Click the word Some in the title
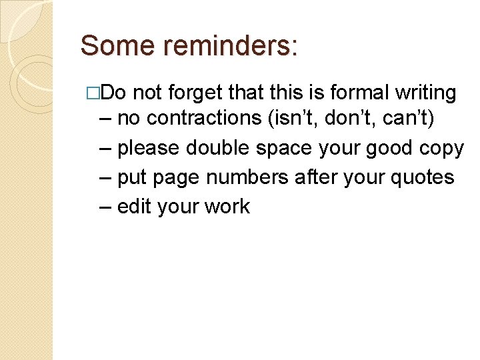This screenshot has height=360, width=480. click(111, 46)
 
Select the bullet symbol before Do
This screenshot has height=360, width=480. click(101, 94)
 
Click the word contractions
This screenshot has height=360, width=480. click(205, 118)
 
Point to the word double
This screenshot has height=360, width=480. click(218, 147)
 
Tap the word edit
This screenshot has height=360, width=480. click(135, 207)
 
